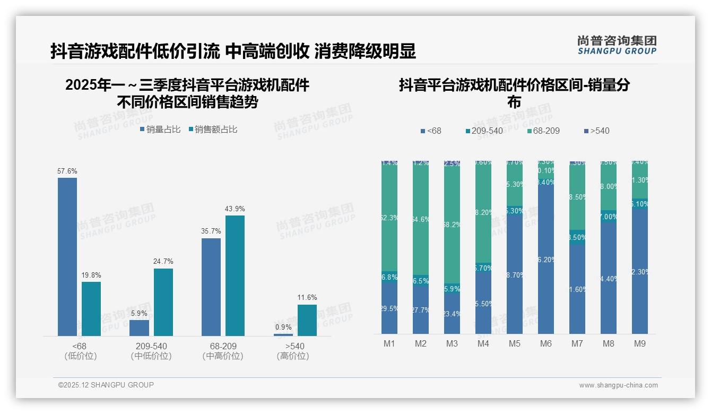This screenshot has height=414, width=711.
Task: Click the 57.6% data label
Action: [67, 171]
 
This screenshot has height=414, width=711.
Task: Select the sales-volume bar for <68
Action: [67, 257]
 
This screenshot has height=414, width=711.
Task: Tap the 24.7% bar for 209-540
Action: [163, 302]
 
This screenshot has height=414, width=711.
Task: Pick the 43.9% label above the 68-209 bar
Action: [235, 209]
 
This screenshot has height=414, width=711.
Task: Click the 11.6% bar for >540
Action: [307, 320]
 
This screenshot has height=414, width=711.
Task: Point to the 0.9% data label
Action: [283, 327]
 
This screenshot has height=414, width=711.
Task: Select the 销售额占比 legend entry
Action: [213, 130]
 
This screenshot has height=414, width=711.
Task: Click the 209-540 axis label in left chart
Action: [151, 346]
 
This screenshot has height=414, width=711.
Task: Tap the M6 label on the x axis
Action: [546, 344]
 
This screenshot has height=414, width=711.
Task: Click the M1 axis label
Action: [389, 344]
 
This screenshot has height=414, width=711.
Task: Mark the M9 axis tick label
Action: [640, 344]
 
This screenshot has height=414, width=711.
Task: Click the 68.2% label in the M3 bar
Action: [452, 225]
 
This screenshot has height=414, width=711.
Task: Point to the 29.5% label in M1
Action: [389, 309]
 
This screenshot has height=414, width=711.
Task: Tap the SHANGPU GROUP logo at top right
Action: [617, 45]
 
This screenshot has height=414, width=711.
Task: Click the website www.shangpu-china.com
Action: [618, 385]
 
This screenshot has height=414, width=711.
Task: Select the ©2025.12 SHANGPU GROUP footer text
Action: [106, 385]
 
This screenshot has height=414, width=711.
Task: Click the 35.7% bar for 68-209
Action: [211, 287]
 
